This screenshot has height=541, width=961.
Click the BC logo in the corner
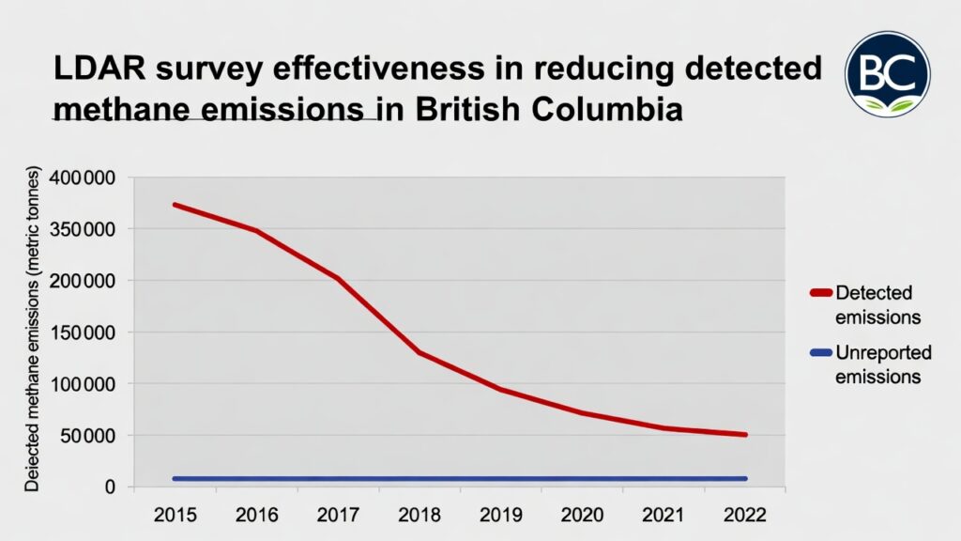pyautogui.click(x=887, y=74)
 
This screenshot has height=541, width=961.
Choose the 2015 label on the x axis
pyautogui.click(x=175, y=515)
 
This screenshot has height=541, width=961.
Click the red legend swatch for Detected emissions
pyautogui.click(x=819, y=294)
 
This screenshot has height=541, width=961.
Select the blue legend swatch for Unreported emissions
pyautogui.click(x=819, y=353)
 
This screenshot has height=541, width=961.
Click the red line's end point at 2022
pyautogui.click(x=745, y=435)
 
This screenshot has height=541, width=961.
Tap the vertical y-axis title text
pyautogui.click(x=32, y=329)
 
